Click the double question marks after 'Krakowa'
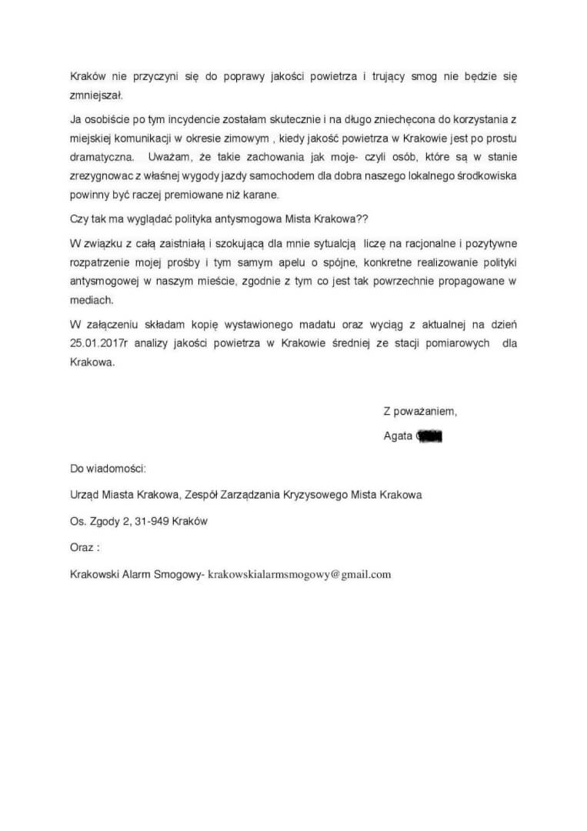[362, 219]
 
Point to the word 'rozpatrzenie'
[99, 262]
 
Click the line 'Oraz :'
[85, 548]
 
